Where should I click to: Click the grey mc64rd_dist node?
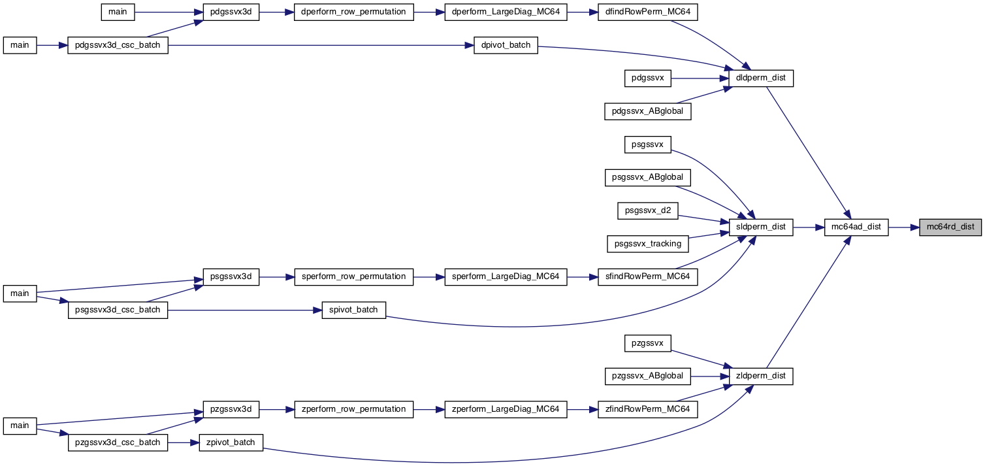pyautogui.click(x=950, y=227)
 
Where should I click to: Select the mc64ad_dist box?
pyautogui.click(x=856, y=227)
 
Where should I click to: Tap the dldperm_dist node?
pyautogui.click(x=761, y=78)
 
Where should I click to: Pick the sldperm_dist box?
pyautogui.click(x=761, y=227)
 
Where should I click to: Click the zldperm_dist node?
pyautogui.click(x=761, y=376)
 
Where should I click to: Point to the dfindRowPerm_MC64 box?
pyautogui.click(x=648, y=12)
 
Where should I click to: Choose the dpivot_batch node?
pyautogui.click(x=506, y=45)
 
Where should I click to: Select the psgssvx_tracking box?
pyautogui.click(x=648, y=244)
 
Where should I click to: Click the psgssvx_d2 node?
pyautogui.click(x=648, y=210)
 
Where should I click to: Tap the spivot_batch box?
pyautogui.click(x=353, y=310)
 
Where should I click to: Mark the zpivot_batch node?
pyautogui.click(x=231, y=442)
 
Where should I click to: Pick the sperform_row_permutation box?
pyautogui.click(x=353, y=277)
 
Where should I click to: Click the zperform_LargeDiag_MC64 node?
pyautogui.click(x=506, y=410)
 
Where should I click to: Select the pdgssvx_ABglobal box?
pyautogui.click(x=648, y=111)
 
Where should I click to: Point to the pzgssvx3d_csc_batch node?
pyautogui.click(x=118, y=442)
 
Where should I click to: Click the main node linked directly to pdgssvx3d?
pyautogui.click(x=118, y=12)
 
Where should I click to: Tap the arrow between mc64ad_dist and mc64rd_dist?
pyautogui.click(x=903, y=227)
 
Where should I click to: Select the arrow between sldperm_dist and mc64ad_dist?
pyautogui.click(x=809, y=227)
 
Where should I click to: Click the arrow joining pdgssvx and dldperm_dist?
pyautogui.click(x=700, y=78)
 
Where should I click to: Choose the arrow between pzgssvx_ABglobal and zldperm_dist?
pyautogui.click(x=710, y=376)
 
